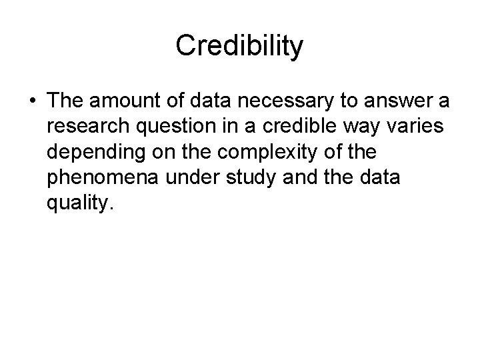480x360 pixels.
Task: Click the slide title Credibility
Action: click(239, 46)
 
